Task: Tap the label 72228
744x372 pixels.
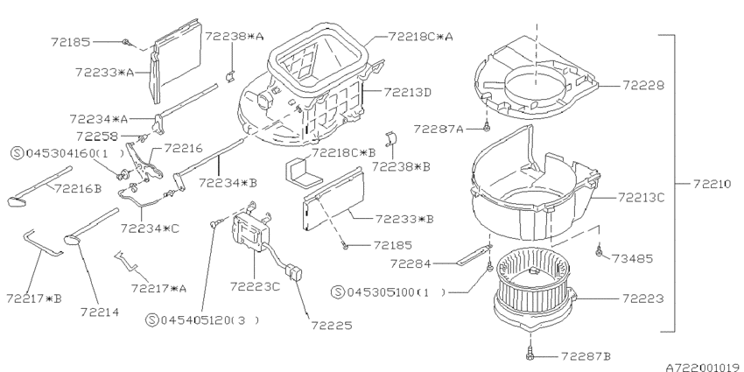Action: click(644, 86)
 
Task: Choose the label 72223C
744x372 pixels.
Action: click(256, 286)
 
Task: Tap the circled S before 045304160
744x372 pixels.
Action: click(17, 152)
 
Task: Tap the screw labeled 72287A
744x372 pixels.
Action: click(487, 128)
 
